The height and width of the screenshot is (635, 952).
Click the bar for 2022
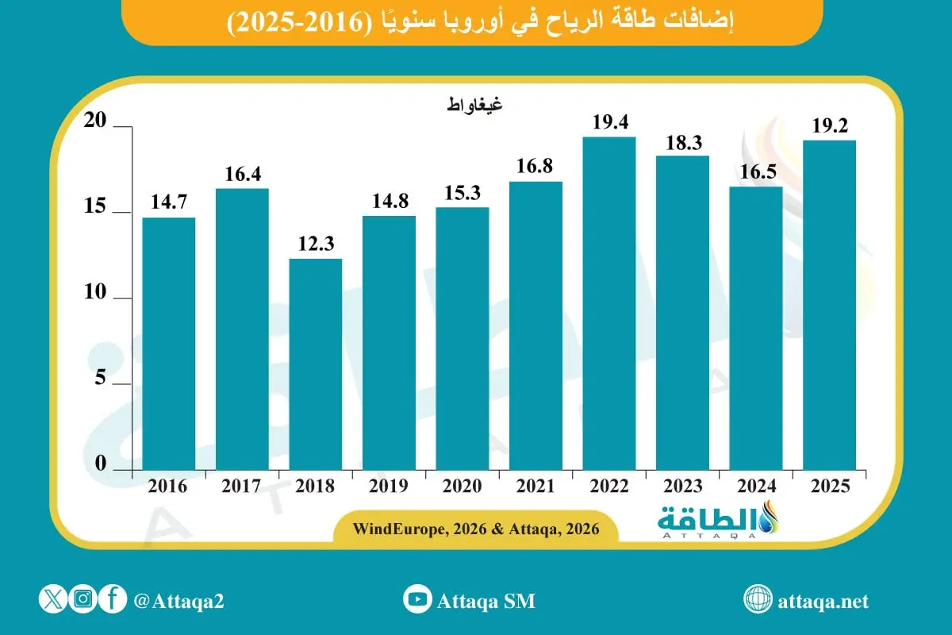608,304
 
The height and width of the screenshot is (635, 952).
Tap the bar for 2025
829,306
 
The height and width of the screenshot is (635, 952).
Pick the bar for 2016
168,344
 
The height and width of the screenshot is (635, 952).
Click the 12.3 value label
315,244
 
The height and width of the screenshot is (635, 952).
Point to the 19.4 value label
608,122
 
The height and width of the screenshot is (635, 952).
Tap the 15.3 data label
462,193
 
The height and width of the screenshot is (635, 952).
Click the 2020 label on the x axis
462,487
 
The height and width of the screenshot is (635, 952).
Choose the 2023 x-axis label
682,487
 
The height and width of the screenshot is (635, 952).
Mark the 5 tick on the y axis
100,378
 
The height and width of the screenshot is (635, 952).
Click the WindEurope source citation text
476,528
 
